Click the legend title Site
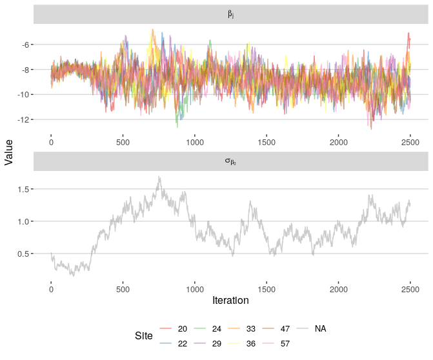144,336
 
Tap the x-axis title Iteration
230,300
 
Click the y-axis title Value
9,155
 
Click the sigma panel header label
230,162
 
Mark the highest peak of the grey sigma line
159,177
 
